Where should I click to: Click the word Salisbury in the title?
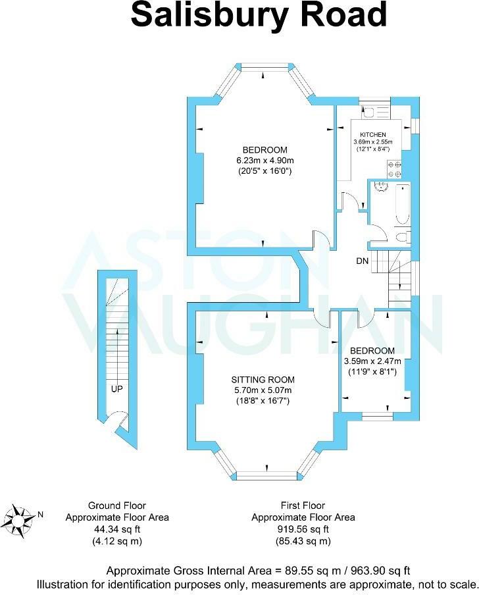pos(204,15)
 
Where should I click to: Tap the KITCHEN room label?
pos(372,134)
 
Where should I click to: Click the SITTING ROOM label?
pos(263,380)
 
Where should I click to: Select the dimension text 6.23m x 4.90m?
pos(263,160)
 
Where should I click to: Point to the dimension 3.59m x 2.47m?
pos(372,361)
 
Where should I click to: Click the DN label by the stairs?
pos(362,261)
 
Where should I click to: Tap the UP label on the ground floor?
pos(116,389)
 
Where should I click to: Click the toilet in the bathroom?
pos(404,237)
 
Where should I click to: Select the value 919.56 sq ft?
pos(303,529)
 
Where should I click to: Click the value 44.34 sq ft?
pos(117,529)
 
